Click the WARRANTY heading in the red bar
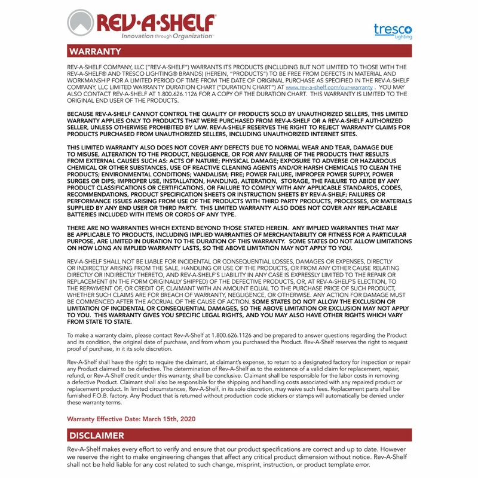pyautogui.click(x=95, y=51)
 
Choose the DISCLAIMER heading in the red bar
pyautogui.click(x=96, y=436)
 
